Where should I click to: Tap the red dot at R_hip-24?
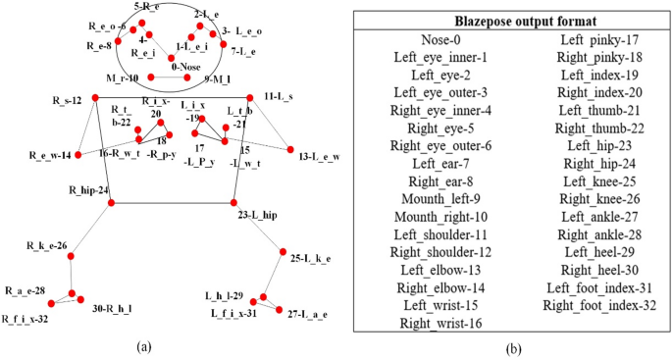111,203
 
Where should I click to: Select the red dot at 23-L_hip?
239,203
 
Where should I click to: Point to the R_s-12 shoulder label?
69,100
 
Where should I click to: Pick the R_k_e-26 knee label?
47,244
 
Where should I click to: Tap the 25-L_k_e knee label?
311,259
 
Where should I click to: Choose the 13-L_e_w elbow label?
319,156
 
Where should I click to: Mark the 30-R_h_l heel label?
112,308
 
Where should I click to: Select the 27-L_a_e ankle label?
308,313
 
